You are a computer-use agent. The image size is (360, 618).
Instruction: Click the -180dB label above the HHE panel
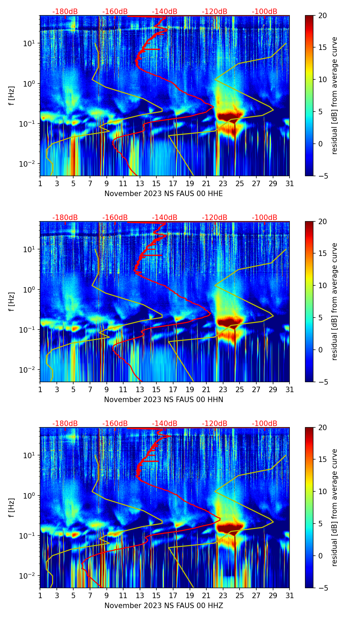click(x=65, y=12)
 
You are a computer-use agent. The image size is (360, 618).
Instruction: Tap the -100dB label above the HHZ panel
click(x=265, y=424)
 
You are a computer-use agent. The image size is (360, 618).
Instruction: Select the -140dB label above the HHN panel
click(x=165, y=218)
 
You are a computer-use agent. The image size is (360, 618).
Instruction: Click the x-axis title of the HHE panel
click(x=164, y=194)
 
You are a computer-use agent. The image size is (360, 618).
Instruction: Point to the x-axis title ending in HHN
click(x=164, y=400)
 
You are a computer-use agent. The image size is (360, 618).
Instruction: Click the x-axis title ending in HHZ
click(x=164, y=606)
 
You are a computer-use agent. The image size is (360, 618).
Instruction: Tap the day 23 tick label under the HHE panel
click(x=223, y=183)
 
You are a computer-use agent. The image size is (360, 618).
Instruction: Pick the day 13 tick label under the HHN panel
click(x=140, y=389)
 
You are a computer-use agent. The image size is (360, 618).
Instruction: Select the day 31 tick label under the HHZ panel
click(x=290, y=595)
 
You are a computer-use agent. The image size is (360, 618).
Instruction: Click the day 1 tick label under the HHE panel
click(x=40, y=183)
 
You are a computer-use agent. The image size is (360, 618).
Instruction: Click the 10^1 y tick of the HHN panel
click(x=29, y=249)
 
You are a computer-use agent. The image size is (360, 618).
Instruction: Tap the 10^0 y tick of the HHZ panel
click(x=29, y=496)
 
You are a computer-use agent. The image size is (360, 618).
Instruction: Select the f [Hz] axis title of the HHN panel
click(x=12, y=301)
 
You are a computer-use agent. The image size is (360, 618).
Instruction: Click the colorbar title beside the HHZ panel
click(x=335, y=507)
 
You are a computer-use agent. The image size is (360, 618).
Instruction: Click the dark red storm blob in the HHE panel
click(x=230, y=116)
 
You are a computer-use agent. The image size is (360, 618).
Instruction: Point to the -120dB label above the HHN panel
click(x=215, y=218)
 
